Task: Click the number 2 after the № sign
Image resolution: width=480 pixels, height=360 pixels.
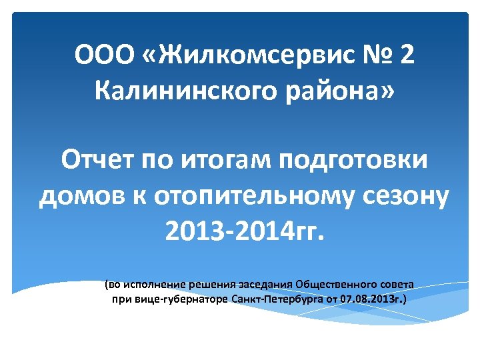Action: click(x=407, y=55)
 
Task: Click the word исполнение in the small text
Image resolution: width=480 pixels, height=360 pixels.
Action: click(x=155, y=284)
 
